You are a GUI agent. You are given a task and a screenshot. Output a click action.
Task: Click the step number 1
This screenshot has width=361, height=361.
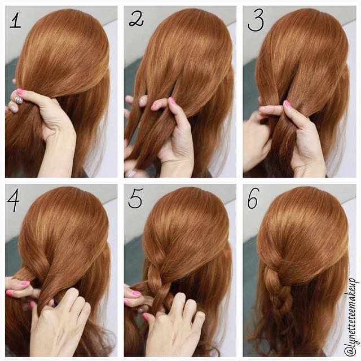point(15,21)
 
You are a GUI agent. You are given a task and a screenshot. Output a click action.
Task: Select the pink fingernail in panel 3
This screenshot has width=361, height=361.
point(287,104)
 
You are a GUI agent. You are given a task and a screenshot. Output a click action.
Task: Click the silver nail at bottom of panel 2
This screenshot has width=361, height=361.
point(131,173)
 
